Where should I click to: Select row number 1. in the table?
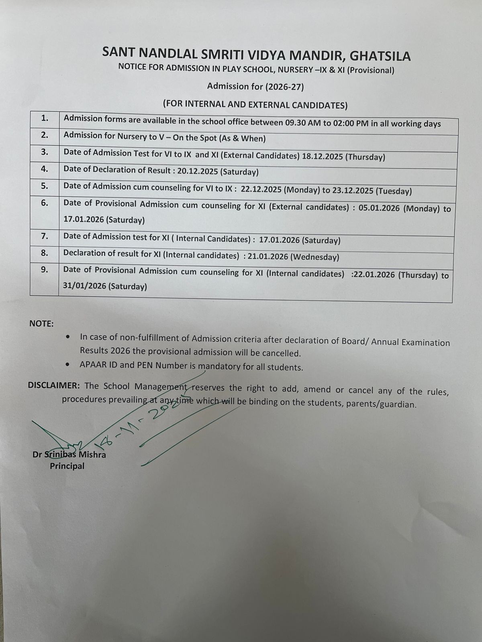(x=45, y=118)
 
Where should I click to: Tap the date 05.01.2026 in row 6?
(x=377, y=208)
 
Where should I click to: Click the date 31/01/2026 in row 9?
(x=84, y=286)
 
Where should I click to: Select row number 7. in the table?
(x=45, y=236)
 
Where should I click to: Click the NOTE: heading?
(x=41, y=324)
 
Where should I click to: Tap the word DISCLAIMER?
(x=54, y=386)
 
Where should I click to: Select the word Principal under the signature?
(x=67, y=466)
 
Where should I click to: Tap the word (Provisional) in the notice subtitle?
(x=370, y=71)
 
